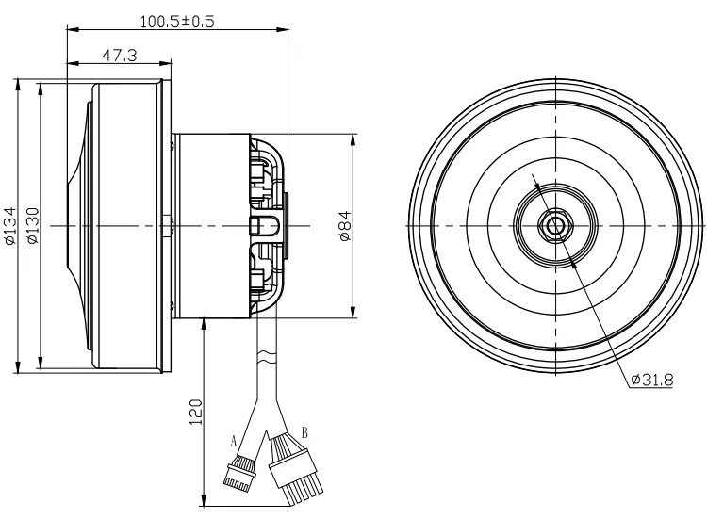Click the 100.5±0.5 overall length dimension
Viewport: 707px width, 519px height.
[x=175, y=20]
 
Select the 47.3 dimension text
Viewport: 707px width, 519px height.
[x=120, y=57]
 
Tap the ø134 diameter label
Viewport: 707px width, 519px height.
[x=10, y=226]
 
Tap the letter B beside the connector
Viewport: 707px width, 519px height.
[x=303, y=433]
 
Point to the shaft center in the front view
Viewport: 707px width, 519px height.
[x=555, y=226]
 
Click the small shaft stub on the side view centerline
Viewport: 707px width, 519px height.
[x=166, y=226]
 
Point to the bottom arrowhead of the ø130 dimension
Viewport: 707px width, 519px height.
[x=41, y=365]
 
